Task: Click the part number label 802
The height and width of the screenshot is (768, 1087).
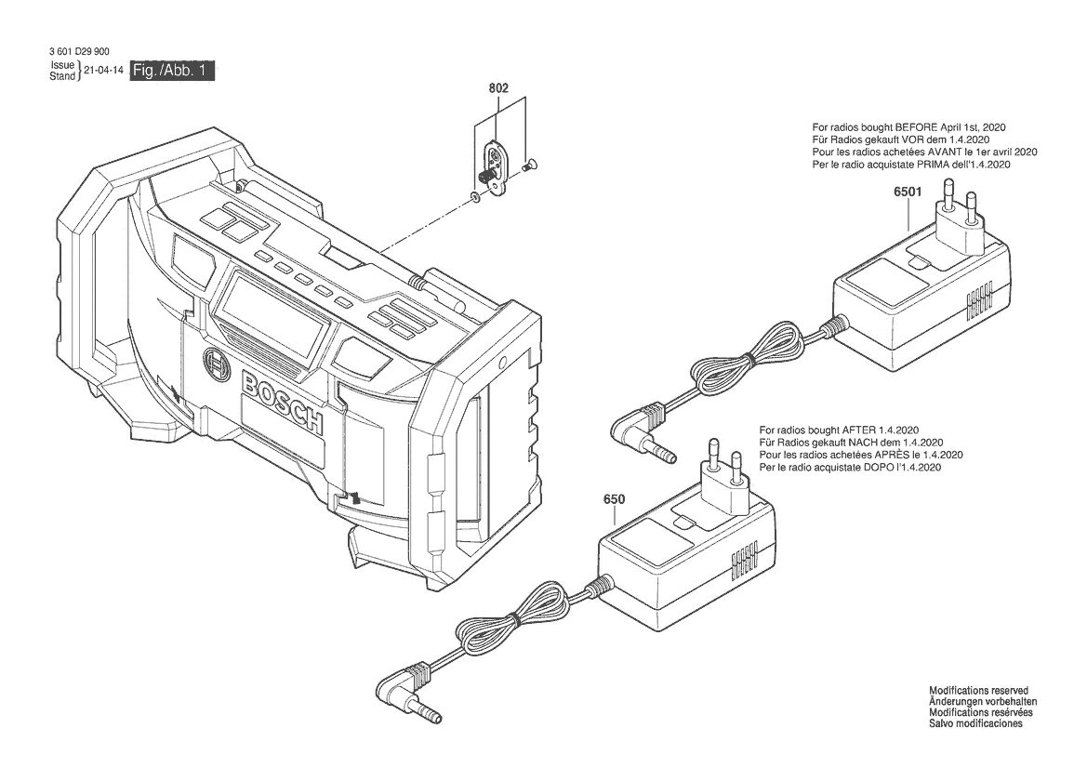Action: click(x=498, y=88)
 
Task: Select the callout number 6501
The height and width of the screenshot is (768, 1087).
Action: click(x=908, y=192)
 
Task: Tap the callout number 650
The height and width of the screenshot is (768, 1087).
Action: click(x=615, y=499)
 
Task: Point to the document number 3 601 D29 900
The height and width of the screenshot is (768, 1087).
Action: click(x=79, y=51)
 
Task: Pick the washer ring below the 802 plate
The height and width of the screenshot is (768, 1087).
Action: click(x=475, y=197)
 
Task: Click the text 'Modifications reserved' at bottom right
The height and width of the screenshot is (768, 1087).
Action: click(x=979, y=691)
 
